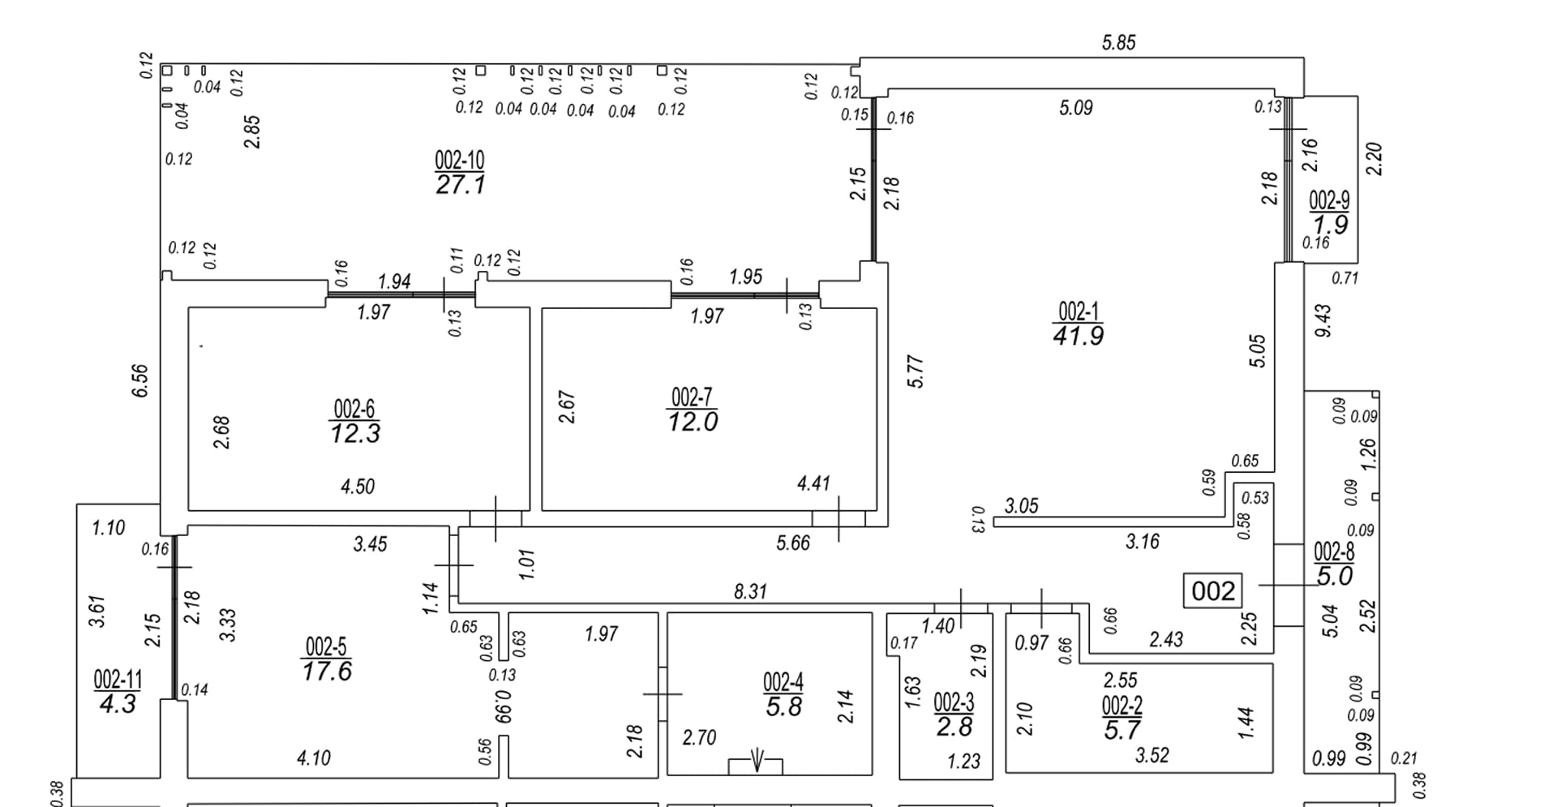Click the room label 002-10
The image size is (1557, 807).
tap(460, 159)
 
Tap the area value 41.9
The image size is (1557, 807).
tap(1078, 335)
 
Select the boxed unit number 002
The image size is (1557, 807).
tap(1213, 590)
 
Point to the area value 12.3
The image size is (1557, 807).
tap(355, 433)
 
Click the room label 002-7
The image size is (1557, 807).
tap(692, 397)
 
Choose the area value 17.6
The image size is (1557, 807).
tap(327, 671)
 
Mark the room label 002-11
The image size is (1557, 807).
tap(118, 678)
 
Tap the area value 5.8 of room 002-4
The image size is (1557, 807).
tap(783, 706)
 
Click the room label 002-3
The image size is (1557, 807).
tap(954, 702)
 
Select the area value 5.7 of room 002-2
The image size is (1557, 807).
tap(1122, 730)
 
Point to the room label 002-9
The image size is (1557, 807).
tap(1330, 200)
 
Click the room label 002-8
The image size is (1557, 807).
tap(1334, 552)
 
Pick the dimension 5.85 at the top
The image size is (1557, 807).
tap(1118, 43)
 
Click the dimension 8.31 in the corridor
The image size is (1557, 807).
tap(750, 591)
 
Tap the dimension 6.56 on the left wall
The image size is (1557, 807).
tap(140, 380)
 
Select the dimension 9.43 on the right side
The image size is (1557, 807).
tap(1323, 320)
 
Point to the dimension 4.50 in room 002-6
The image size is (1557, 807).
tap(358, 487)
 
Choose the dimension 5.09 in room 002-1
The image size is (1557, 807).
tap(1076, 107)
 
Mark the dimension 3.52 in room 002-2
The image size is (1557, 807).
tap(1152, 756)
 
